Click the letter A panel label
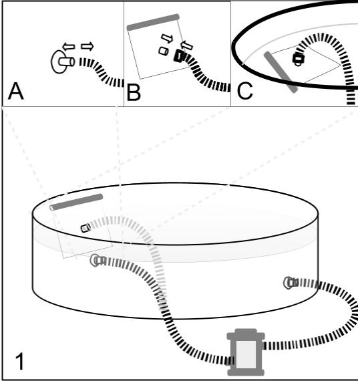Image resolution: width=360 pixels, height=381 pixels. [16, 91]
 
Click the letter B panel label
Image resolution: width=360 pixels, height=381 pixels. [134, 92]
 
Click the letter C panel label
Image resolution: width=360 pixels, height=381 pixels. [244, 92]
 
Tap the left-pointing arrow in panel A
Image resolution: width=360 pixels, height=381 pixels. [68, 46]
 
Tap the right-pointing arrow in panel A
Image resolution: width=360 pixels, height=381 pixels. [87, 46]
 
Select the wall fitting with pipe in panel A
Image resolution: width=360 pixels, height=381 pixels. [62, 61]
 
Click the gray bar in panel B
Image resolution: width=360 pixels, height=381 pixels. [153, 22]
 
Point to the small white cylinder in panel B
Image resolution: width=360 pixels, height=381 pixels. [164, 51]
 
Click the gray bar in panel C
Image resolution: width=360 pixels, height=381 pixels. [281, 72]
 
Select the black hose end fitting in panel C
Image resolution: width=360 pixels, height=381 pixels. [299, 59]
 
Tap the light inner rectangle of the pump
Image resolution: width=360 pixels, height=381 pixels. [246, 354]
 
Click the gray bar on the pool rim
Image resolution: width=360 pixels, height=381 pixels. [76, 202]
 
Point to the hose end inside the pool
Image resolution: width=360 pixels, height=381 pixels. [85, 228]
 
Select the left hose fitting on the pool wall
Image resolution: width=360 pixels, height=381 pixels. [98, 261]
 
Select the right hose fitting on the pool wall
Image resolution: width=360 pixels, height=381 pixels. [291, 283]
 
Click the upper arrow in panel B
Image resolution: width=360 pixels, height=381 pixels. [167, 38]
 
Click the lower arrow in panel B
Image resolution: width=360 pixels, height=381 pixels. [187, 45]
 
